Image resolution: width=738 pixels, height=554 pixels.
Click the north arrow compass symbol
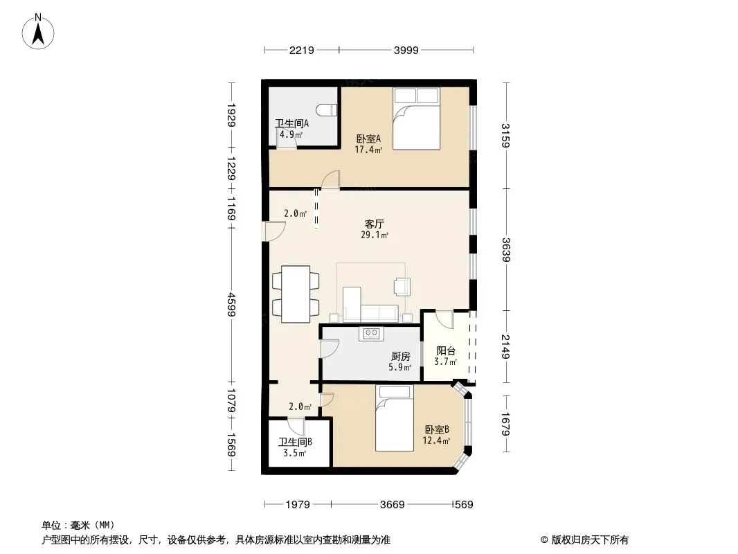pos(38,32)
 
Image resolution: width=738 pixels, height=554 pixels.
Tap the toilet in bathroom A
pos(327,110)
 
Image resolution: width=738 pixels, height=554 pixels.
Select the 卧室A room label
pos(368,139)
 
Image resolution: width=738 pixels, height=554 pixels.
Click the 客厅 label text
pos(374,224)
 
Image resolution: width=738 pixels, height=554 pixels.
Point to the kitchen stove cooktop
pos(371,333)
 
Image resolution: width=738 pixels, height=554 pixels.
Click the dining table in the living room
pos(296,294)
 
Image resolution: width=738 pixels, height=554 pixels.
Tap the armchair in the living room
pos(402,287)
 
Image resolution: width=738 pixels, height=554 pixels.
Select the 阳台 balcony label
pos(446,350)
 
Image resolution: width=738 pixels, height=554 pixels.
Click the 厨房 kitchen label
pos(401,357)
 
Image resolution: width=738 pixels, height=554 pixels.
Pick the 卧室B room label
pos(437,430)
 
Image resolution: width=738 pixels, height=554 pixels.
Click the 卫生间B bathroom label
pos(295,442)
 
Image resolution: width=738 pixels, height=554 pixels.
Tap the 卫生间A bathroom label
pos(292,124)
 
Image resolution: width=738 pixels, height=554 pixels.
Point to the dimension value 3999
pos(406,50)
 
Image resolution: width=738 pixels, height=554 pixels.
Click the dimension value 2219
pos(302,50)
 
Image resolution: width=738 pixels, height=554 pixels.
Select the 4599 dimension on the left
pos(231,305)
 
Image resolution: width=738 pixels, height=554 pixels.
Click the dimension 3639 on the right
pos(506,250)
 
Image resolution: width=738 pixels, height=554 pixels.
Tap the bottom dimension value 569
pos(464,505)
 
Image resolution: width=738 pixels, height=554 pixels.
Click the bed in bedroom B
pos(395,418)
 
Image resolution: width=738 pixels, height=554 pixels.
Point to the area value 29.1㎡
pos(375,234)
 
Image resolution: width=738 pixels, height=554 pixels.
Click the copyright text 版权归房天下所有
pos(590,540)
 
